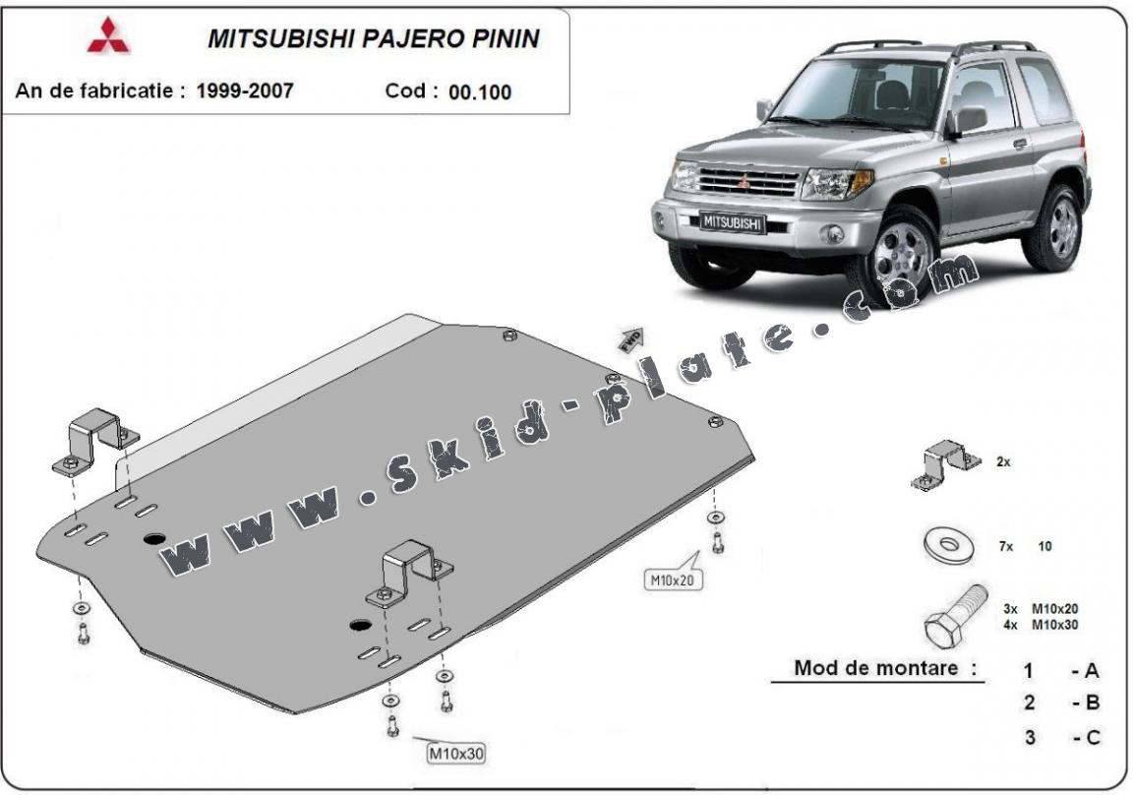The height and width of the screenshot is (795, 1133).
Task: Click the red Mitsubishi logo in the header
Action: click(108, 35)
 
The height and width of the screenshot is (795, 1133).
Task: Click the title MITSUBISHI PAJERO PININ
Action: click(373, 38)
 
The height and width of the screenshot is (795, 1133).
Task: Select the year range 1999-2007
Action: click(244, 91)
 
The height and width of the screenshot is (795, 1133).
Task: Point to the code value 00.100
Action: click(479, 92)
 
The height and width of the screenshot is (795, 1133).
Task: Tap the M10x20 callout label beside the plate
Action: click(671, 580)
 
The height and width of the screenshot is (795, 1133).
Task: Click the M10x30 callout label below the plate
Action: click(456, 754)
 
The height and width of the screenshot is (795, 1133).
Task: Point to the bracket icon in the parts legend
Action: click(944, 464)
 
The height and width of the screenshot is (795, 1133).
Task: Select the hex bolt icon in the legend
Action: click(954, 615)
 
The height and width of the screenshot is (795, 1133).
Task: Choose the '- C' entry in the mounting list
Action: click(1086, 737)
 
